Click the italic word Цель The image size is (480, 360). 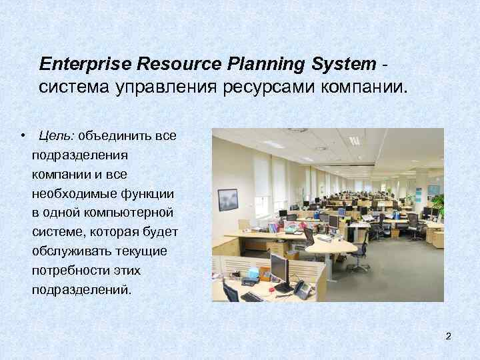[56, 136]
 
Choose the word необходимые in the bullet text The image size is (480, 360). [71, 194]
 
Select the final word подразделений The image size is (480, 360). [81, 291]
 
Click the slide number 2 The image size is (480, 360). [449, 336]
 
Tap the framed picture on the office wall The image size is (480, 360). [228, 199]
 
